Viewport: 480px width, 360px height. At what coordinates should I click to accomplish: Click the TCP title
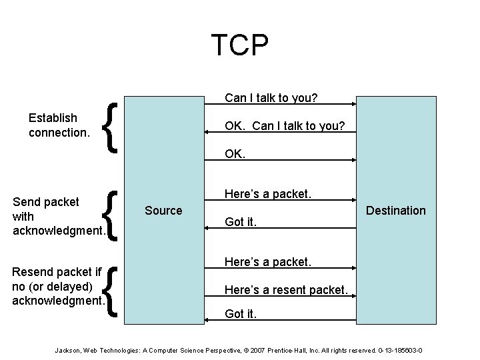tap(240, 45)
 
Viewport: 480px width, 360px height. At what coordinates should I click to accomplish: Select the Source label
tap(163, 211)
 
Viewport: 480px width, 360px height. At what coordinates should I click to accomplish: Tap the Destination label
tap(395, 211)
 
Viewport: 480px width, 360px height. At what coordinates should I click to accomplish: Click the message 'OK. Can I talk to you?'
tap(285, 125)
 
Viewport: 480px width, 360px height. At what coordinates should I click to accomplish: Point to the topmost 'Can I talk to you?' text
tap(271, 98)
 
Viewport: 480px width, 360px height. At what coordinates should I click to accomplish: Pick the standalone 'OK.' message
tap(235, 153)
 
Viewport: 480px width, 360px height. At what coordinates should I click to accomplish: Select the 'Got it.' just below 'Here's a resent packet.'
tap(241, 314)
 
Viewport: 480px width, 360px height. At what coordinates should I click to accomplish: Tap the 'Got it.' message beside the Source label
tap(241, 222)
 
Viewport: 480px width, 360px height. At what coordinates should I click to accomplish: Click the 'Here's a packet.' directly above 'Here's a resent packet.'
tap(268, 261)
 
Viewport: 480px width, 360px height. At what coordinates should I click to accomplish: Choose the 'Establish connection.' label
tap(59, 125)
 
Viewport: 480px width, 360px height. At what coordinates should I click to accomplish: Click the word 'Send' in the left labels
tap(27, 202)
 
